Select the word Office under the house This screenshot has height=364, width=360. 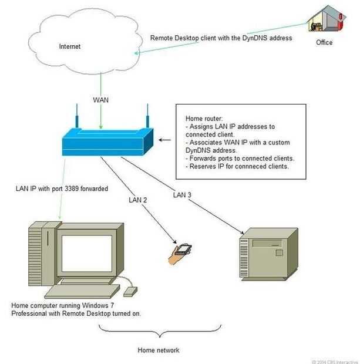[x=324, y=42]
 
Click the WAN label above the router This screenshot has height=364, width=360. [x=101, y=100]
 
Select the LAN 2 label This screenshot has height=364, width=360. [x=139, y=200]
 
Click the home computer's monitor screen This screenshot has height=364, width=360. [x=88, y=250]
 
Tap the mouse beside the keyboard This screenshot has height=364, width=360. [x=130, y=290]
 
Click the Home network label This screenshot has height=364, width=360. [x=159, y=350]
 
